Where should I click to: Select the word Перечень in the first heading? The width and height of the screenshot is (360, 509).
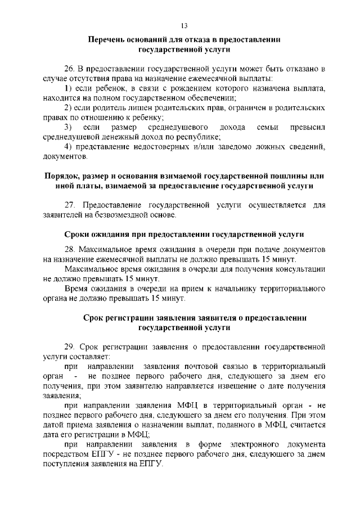pos(107,40)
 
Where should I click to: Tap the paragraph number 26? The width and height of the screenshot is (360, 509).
pos(69,69)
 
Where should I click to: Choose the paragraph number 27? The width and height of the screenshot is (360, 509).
pos(69,205)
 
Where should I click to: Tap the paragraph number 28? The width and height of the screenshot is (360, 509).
pos(69,249)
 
